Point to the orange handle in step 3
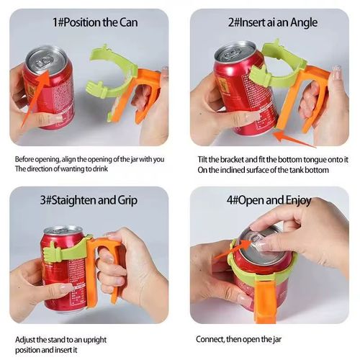click(94, 266)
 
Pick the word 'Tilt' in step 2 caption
click(202, 159)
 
